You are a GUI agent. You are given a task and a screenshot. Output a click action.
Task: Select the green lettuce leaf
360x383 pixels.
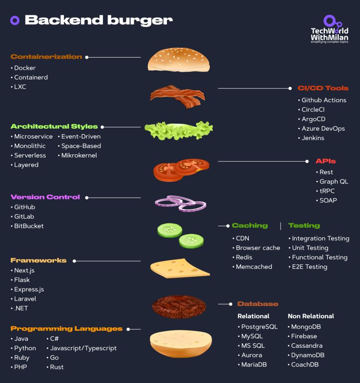(179, 130)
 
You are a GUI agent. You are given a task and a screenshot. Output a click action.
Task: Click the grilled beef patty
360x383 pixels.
(179, 306)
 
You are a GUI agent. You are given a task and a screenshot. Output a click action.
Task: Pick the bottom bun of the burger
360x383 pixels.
(180, 343)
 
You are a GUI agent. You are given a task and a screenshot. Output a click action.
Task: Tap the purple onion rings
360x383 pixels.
(180, 203)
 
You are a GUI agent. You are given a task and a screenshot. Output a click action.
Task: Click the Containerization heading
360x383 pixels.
(46, 57)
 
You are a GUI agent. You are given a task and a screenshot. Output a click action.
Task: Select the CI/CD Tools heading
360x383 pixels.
(323, 88)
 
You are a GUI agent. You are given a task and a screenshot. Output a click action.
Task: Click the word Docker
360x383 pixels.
(25, 68)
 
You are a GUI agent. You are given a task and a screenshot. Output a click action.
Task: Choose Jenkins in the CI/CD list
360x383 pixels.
(313, 138)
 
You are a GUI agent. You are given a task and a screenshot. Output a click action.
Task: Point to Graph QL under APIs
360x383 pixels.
(333, 181)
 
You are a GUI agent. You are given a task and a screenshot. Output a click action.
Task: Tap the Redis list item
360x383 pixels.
(244, 257)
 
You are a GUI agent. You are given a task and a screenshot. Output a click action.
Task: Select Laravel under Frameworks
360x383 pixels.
(25, 299)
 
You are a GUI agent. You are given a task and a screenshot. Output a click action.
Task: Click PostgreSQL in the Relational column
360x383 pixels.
(259, 327)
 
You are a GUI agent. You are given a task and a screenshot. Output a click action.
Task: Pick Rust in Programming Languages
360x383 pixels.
(57, 367)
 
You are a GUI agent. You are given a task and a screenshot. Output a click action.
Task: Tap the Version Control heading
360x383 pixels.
(45, 197)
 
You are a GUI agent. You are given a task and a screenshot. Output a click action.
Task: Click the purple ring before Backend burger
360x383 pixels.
(15, 20)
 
